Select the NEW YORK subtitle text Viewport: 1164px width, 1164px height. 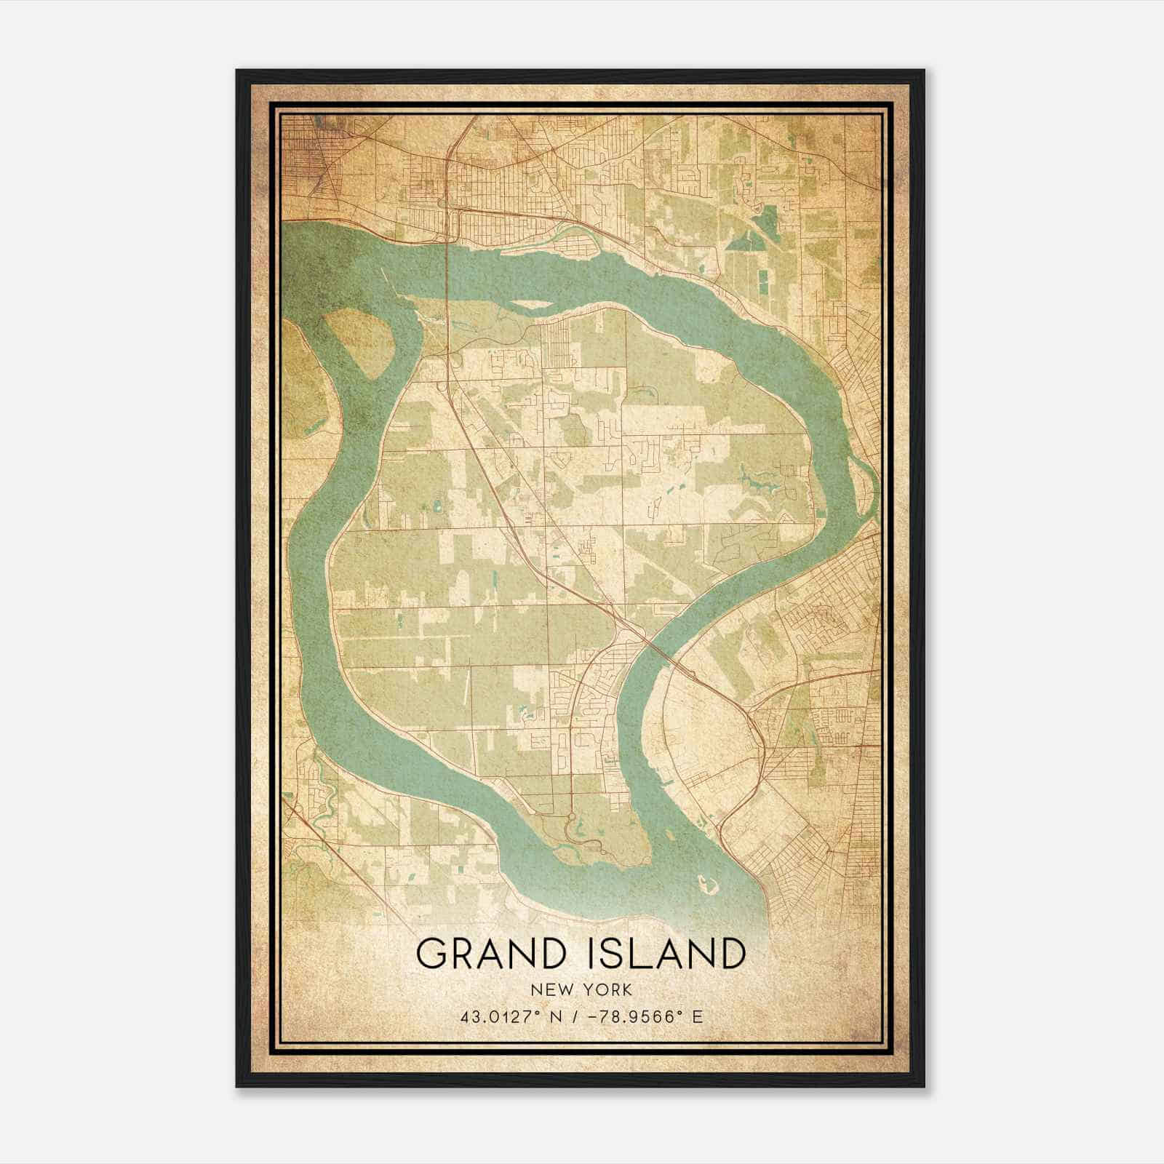tap(581, 990)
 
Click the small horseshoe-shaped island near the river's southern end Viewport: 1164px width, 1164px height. tap(705, 885)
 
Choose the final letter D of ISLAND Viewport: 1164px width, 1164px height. tap(731, 953)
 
